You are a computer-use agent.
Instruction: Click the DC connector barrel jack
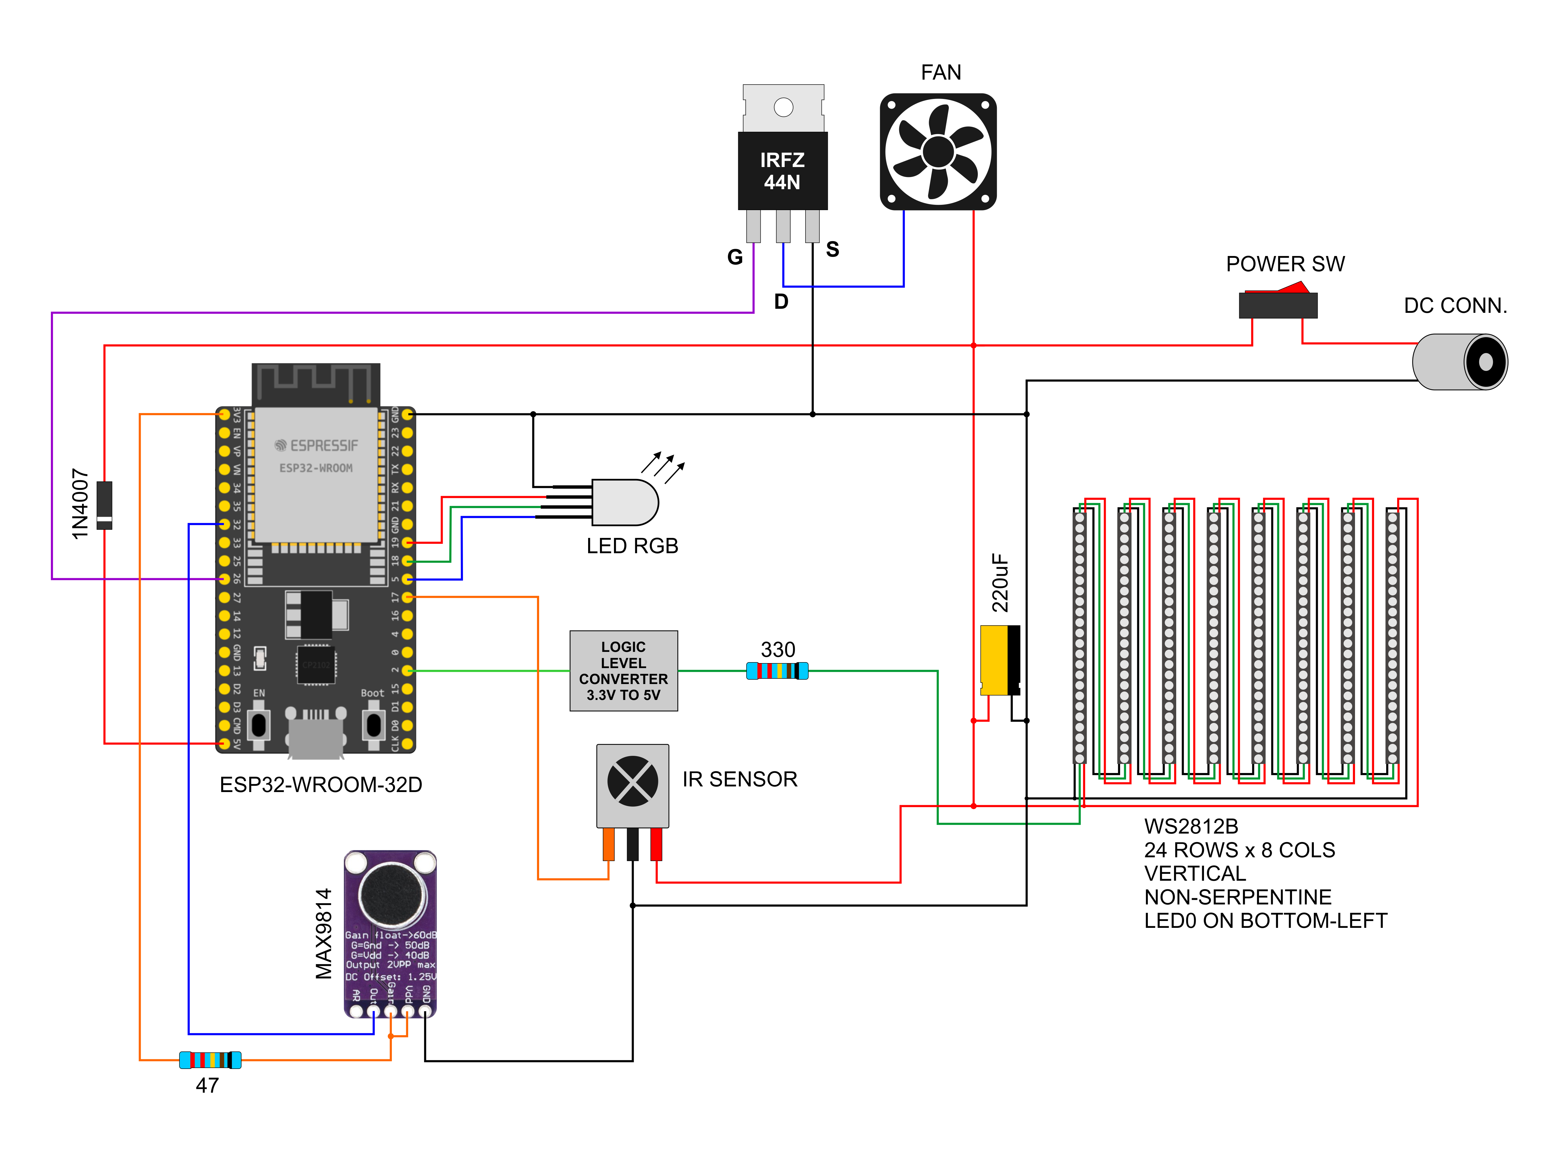pos(1459,362)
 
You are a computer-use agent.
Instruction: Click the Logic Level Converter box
pos(624,671)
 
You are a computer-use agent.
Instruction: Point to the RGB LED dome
pos(625,502)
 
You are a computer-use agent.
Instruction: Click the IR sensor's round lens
pos(632,781)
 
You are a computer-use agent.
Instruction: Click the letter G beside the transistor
pos(734,257)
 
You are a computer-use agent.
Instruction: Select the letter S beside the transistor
pos(832,249)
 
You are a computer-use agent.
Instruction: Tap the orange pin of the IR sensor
pos(608,844)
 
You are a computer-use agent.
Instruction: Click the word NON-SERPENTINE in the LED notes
pos(1237,897)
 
